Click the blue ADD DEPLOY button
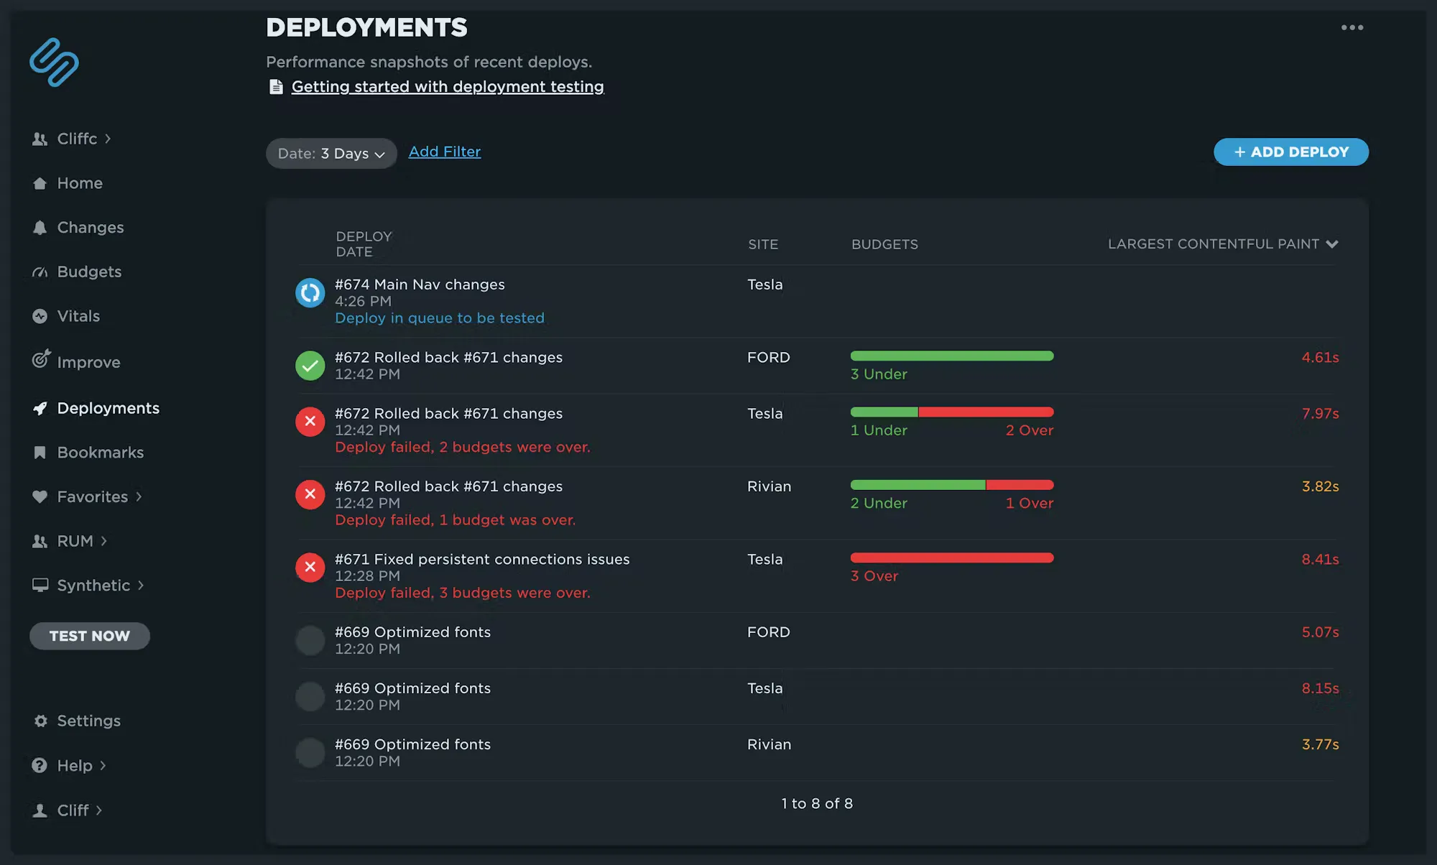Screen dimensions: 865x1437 click(1290, 152)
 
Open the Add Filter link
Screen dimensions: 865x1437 click(444, 152)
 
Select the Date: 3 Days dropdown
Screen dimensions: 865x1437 click(331, 153)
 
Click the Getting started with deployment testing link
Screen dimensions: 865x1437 click(447, 87)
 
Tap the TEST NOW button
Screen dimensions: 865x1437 click(90, 636)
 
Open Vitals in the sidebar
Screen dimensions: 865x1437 click(78, 316)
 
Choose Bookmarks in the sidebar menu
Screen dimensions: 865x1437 click(100, 453)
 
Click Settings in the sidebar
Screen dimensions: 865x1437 click(88, 721)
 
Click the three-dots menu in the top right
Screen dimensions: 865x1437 click(1351, 27)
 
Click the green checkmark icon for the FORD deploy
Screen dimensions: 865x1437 click(310, 365)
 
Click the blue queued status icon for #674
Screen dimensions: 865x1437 click(310, 292)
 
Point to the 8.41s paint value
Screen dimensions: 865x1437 click(1320, 559)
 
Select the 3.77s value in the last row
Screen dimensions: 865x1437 click(1320, 744)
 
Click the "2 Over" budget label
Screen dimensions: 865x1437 click(1029, 430)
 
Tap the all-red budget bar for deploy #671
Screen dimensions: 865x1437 click(951, 558)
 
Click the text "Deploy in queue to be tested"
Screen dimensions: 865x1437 click(439, 318)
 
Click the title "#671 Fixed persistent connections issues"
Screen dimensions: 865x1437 click(481, 559)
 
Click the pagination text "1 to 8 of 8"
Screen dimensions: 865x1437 click(817, 803)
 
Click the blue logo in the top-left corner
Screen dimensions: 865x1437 click(54, 63)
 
